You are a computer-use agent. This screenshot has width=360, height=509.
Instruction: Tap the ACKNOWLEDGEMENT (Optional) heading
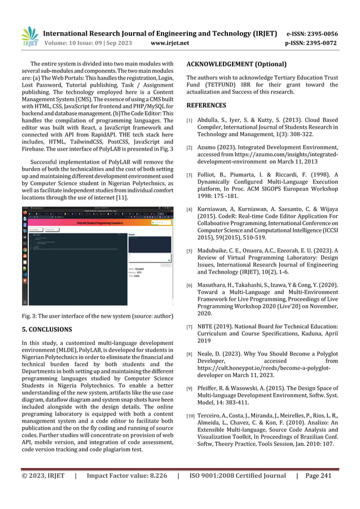[236, 64]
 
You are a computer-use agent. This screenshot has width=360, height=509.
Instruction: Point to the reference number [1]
[190, 121]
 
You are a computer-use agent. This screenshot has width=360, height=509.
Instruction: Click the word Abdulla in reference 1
[209, 120]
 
